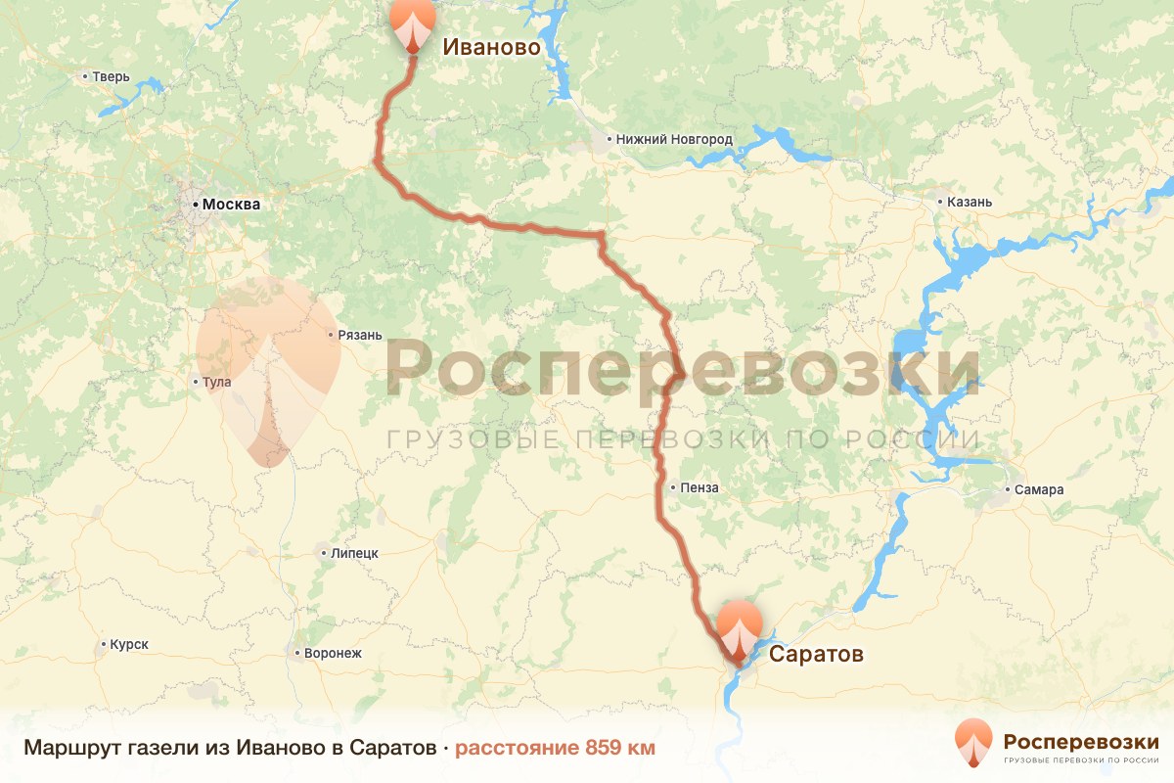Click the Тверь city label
[x=112, y=76]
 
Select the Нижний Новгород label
[x=674, y=139]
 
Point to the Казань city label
[x=970, y=202]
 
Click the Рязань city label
[x=359, y=335]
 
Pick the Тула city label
[x=217, y=382]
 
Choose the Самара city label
[x=1039, y=489]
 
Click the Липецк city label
[x=354, y=553]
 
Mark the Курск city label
[x=129, y=644]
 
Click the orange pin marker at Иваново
[x=413, y=23]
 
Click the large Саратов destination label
[x=816, y=654]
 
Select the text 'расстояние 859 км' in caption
[x=555, y=748]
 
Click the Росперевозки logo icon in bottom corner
[x=972, y=741]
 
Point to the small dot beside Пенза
[x=674, y=487]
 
